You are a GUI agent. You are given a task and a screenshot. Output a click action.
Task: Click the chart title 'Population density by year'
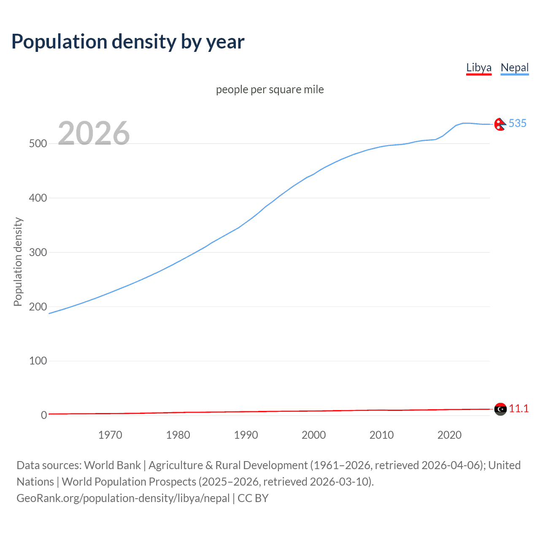tap(128, 42)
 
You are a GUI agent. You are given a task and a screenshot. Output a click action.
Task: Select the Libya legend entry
tap(479, 67)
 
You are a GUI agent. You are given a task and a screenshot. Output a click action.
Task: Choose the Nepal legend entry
tap(514, 67)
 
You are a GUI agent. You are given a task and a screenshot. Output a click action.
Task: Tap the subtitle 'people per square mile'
tap(270, 89)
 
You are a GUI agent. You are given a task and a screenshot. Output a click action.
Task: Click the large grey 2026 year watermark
tap(94, 133)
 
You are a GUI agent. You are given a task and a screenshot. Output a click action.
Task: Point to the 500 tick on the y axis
tap(38, 143)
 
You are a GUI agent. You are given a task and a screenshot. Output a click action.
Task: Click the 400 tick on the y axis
tap(38, 198)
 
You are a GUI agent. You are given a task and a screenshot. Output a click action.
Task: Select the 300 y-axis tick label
tap(38, 252)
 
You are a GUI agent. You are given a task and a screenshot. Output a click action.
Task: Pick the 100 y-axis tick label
tap(38, 361)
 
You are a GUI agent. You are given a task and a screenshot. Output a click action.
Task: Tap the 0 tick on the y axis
tap(44, 415)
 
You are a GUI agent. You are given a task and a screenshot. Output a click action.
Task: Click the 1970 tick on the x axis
tap(110, 435)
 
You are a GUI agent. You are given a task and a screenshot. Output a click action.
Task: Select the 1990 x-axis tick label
tap(246, 435)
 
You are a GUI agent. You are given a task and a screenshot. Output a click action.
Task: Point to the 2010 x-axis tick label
tap(381, 435)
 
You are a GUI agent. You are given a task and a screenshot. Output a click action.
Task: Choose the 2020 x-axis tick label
tap(449, 435)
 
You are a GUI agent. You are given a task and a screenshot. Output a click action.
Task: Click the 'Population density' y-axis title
tap(18, 262)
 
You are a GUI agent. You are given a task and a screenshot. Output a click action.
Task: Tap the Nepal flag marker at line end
tap(500, 124)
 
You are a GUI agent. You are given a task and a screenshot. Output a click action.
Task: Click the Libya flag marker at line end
tap(500, 409)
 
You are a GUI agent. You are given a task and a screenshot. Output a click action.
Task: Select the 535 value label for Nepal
tap(518, 123)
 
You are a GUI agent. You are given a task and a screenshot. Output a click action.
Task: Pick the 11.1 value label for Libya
tap(518, 408)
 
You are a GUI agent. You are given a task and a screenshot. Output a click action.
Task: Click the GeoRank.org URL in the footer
tap(123, 498)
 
